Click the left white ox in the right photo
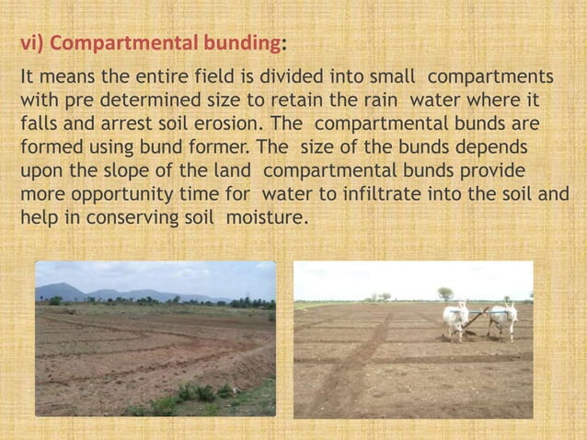[x=456, y=319]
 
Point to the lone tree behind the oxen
[x=445, y=294]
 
